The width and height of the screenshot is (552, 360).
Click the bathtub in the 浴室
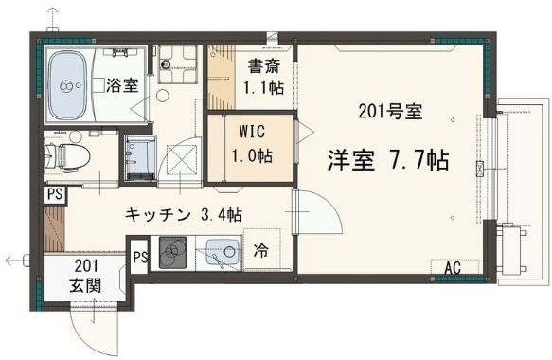pos(67,85)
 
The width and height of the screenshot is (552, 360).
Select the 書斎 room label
pos(264,66)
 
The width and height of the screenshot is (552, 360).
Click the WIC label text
pos(252,132)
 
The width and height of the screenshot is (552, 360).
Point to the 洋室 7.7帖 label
pos(388,160)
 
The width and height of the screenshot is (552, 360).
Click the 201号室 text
pos(390,112)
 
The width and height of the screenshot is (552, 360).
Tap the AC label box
pos(454,267)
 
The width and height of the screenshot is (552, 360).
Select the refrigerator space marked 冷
pos(261,249)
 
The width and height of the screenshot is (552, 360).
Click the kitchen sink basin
pos(223,251)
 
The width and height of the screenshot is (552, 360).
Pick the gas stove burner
pos(172,252)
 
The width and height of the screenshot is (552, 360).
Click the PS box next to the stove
pos(140,257)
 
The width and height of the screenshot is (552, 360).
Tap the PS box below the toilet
pos(55,195)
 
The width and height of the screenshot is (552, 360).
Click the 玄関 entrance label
pos(85,284)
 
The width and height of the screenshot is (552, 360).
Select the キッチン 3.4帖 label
pos(184,214)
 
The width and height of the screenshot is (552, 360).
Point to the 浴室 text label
pos(122,85)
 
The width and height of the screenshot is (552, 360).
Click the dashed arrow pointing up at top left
pos(52,18)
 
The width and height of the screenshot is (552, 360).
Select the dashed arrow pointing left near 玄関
pos(17,261)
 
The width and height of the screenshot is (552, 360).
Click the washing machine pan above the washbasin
pos(177,64)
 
